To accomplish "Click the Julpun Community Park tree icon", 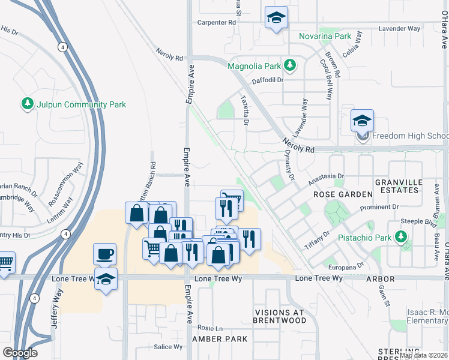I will [x=27, y=104].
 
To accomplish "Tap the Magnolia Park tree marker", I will [x=290, y=64].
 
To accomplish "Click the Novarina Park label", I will [x=325, y=37].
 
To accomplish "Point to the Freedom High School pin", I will [x=363, y=122].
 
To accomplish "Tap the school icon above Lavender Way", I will [x=276, y=19].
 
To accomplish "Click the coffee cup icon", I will [x=105, y=254].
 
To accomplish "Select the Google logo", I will [x=20, y=353].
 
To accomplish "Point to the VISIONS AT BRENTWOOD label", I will [x=280, y=316].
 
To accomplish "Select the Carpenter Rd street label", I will [x=217, y=22].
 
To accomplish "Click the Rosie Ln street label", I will [x=210, y=328].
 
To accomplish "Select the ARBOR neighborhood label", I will [x=381, y=279].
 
